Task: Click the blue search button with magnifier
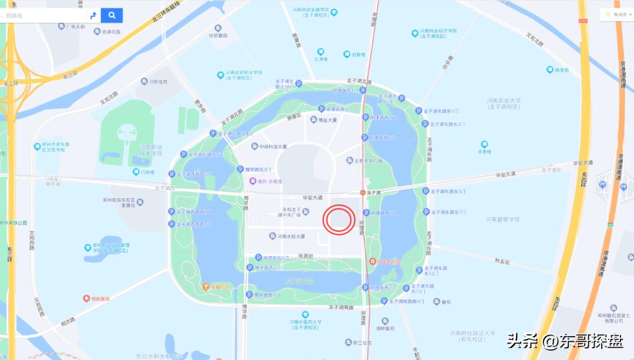(x=112, y=15)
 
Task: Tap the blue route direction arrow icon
(x=93, y=15)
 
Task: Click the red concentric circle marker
(x=338, y=220)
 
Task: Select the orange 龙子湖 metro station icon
(x=363, y=192)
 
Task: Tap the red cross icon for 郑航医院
(x=86, y=298)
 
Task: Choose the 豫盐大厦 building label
(x=328, y=120)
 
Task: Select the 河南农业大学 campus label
(x=504, y=103)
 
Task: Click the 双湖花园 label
(x=111, y=31)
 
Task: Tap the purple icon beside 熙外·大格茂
(x=253, y=181)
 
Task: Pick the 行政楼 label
(x=147, y=172)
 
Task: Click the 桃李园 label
(x=562, y=70)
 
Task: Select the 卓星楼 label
(x=484, y=151)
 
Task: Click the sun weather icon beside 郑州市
(x=607, y=14)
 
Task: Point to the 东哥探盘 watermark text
(x=592, y=341)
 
